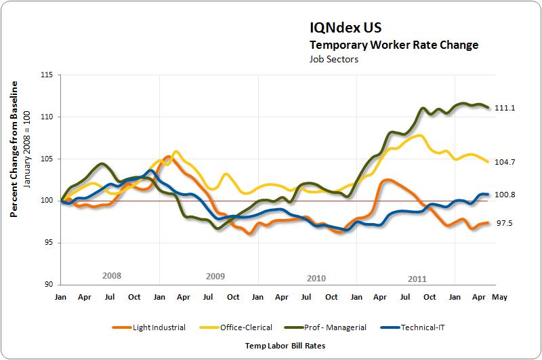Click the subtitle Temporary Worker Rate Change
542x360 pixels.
coord(394,45)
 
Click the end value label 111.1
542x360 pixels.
coord(505,108)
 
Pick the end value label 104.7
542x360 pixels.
coord(505,162)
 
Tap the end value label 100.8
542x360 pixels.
coord(505,195)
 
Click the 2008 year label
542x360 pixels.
coord(112,276)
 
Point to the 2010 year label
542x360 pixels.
coord(316,278)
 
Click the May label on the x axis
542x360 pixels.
coord(499,298)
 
